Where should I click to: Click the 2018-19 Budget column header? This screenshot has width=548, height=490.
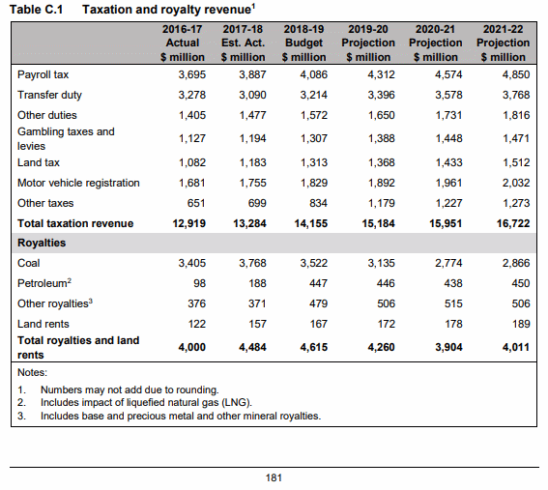pyautogui.click(x=303, y=43)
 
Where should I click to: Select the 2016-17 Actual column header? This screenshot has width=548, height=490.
pyautogui.click(x=182, y=43)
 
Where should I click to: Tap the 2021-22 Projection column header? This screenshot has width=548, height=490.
pyautogui.click(x=503, y=43)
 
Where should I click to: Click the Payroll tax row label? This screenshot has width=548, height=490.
pyautogui.click(x=43, y=74)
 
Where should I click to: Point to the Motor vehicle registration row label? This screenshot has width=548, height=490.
pyautogui.click(x=78, y=183)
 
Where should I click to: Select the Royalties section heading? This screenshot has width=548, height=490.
pyautogui.click(x=42, y=243)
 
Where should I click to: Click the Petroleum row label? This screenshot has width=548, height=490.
pyautogui.click(x=44, y=283)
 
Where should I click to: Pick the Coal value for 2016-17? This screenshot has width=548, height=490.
pyautogui.click(x=192, y=263)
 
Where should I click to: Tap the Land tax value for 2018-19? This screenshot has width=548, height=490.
pyautogui.click(x=314, y=162)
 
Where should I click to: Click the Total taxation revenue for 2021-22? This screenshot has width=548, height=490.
pyautogui.click(x=513, y=223)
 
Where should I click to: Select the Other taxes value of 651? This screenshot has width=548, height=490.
pyautogui.click(x=196, y=203)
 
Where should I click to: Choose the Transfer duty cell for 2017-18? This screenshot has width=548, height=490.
pyautogui.click(x=252, y=95)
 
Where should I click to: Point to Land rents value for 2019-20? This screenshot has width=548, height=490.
pyautogui.click(x=387, y=324)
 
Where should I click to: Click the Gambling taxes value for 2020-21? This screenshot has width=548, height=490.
pyautogui.click(x=448, y=138)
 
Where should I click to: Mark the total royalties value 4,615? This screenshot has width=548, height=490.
pyautogui.click(x=314, y=347)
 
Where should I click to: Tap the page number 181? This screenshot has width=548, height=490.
pyautogui.click(x=274, y=477)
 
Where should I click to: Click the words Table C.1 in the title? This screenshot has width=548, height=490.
pyautogui.click(x=36, y=10)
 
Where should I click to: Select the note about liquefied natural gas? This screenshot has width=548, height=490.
pyautogui.click(x=135, y=403)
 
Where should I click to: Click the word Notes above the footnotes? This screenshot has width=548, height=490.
pyautogui.click(x=32, y=372)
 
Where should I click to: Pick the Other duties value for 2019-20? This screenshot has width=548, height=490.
pyautogui.click(x=382, y=115)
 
